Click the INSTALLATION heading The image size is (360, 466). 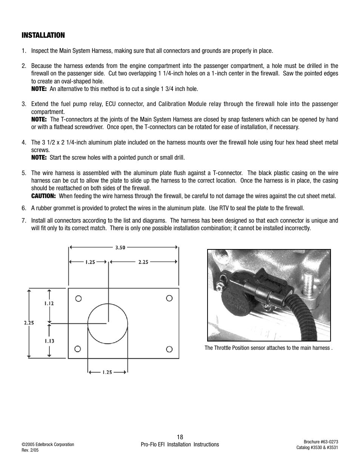point(43,35)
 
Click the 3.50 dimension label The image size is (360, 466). point(120,248)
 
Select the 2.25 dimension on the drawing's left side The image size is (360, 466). point(29,323)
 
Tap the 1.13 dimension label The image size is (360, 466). point(49,341)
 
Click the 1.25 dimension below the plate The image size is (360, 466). point(107,372)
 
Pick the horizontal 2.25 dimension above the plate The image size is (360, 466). point(143,261)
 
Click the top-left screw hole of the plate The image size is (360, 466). point(78,298)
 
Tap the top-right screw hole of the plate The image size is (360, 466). point(169,298)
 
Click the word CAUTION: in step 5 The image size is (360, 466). point(43,196)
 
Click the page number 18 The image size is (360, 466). point(180,437)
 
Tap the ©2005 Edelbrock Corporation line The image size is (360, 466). point(48,444)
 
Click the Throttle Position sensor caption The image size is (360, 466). point(268,348)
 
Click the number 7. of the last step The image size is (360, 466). point(24,220)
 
